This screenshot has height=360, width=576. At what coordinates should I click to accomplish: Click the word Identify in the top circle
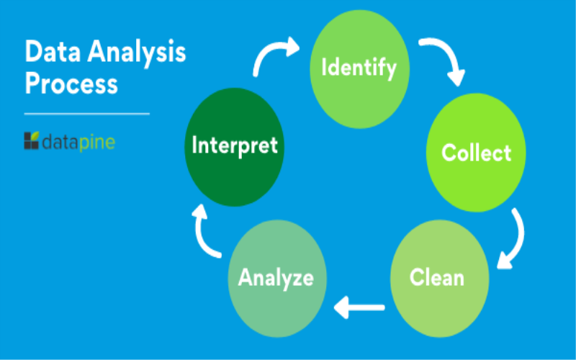tap(359, 68)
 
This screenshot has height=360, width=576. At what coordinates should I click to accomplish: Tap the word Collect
tap(477, 153)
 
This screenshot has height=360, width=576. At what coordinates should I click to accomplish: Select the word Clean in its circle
tap(437, 277)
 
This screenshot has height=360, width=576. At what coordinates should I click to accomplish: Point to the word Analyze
tap(276, 279)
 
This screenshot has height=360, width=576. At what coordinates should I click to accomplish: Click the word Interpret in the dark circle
tap(235, 145)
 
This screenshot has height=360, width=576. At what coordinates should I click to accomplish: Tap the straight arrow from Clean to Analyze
tap(359, 307)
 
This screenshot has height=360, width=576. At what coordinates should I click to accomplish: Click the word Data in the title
tap(53, 51)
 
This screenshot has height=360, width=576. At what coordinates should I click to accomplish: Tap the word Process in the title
tap(71, 84)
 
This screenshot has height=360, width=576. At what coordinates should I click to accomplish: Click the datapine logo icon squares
tap(31, 140)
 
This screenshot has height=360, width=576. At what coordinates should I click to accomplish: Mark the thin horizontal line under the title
tap(86, 114)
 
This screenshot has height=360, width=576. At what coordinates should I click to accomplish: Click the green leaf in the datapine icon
tap(35, 136)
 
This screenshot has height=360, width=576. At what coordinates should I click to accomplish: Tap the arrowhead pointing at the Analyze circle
tap(341, 307)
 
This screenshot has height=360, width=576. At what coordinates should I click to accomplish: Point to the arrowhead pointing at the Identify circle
tap(293, 46)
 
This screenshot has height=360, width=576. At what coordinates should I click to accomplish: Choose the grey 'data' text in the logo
tap(60, 142)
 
